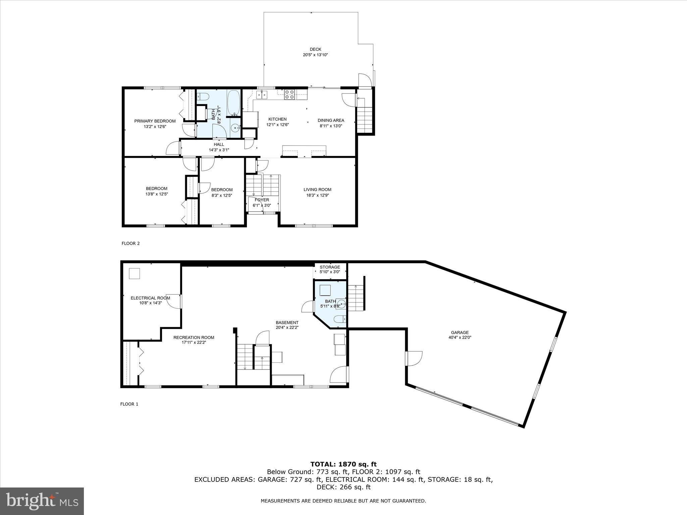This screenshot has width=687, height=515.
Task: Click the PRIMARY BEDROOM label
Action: tap(155, 121)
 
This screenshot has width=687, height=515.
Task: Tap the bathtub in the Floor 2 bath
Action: tap(234, 102)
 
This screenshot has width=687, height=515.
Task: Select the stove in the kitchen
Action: tap(289, 95)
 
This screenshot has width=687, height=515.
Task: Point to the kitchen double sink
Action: tap(262, 95)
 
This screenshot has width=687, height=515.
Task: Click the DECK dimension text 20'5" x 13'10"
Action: tap(315, 55)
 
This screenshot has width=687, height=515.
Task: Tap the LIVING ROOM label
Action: tap(317, 189)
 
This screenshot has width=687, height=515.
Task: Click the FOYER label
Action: tap(262, 200)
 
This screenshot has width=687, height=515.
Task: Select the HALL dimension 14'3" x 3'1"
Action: tap(219, 150)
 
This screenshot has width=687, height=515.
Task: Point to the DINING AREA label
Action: tap(331, 120)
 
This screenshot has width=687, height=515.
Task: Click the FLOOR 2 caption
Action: tap(130, 243)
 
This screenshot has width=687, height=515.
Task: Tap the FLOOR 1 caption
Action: tap(129, 404)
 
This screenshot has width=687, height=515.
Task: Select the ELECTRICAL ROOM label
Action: tap(150, 298)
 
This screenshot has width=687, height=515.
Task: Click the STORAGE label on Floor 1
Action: tap(330, 267)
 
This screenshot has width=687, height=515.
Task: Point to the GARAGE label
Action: tap(460, 333)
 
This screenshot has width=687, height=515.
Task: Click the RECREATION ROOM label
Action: tap(194, 337)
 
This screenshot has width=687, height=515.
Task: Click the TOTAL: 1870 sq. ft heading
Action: tap(343, 464)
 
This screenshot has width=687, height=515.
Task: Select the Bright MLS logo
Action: tap(42, 501)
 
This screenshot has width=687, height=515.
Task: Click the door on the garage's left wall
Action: tap(413, 358)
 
